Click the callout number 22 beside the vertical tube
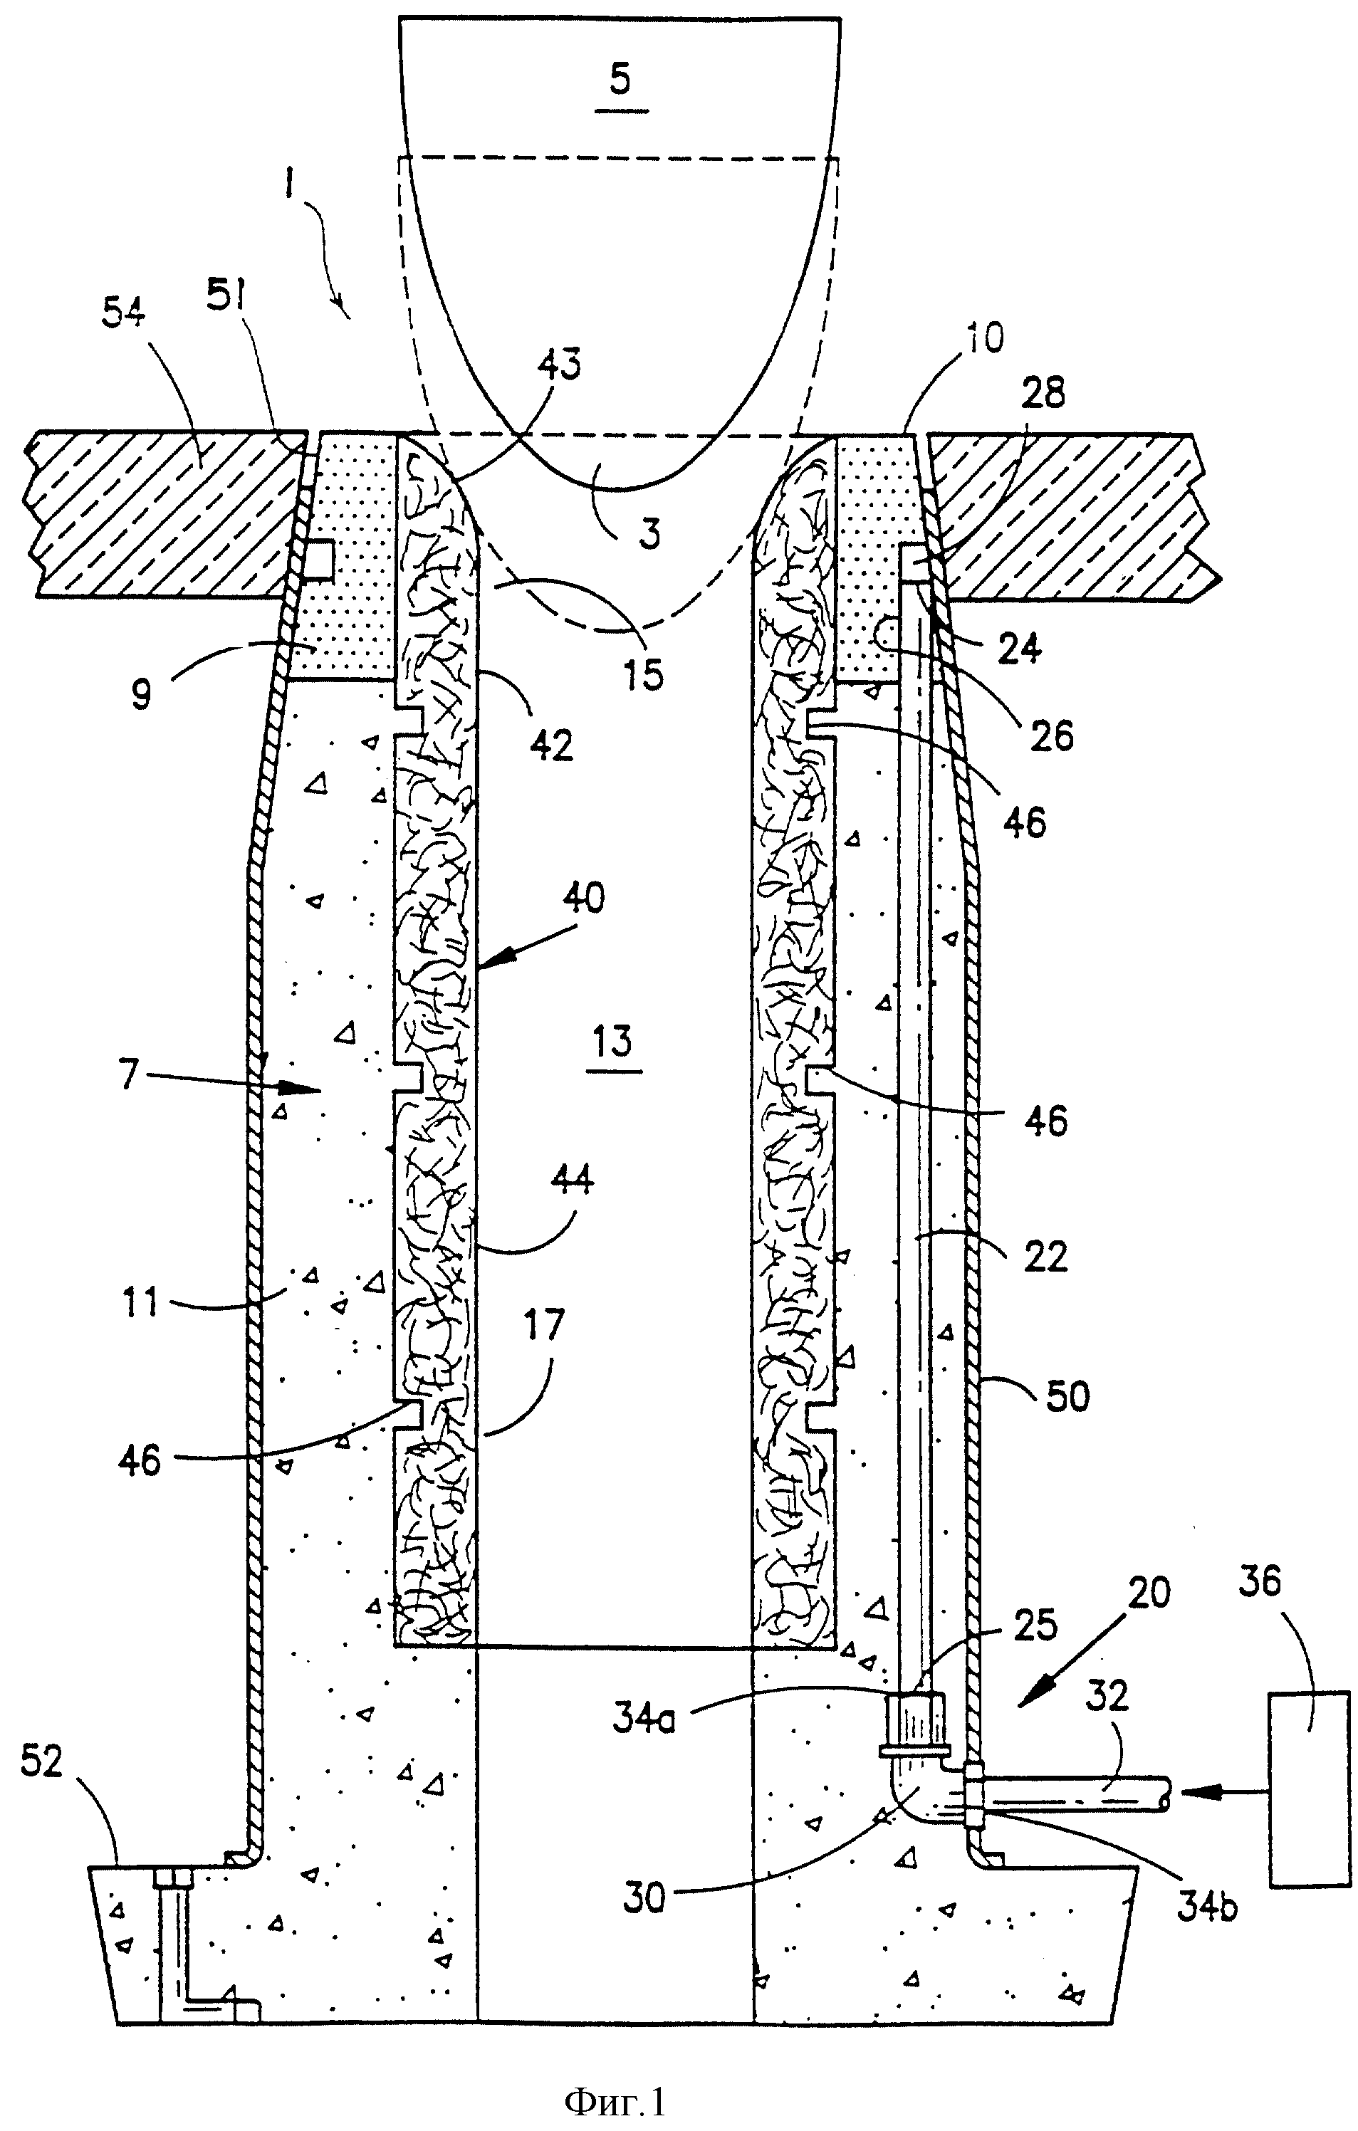(1045, 1257)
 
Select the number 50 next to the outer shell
(1067, 1396)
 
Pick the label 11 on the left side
(140, 1303)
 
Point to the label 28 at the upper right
(1045, 393)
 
